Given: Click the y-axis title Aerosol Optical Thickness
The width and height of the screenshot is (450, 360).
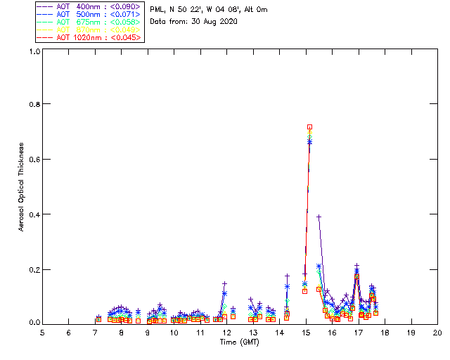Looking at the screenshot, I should [22, 186].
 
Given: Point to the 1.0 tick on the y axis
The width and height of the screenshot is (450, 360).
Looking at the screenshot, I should [33, 51].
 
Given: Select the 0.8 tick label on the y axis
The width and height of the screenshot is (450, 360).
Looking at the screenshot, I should [33, 104].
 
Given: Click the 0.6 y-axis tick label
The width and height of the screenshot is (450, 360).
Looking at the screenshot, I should [33, 159].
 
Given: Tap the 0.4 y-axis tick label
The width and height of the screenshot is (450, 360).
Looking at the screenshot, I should [33, 214].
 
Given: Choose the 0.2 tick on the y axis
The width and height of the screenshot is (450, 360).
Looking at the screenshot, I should [33, 269].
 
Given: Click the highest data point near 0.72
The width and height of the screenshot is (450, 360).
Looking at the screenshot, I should [309, 127].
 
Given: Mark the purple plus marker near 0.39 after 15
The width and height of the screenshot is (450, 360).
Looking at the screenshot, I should [319, 217].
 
